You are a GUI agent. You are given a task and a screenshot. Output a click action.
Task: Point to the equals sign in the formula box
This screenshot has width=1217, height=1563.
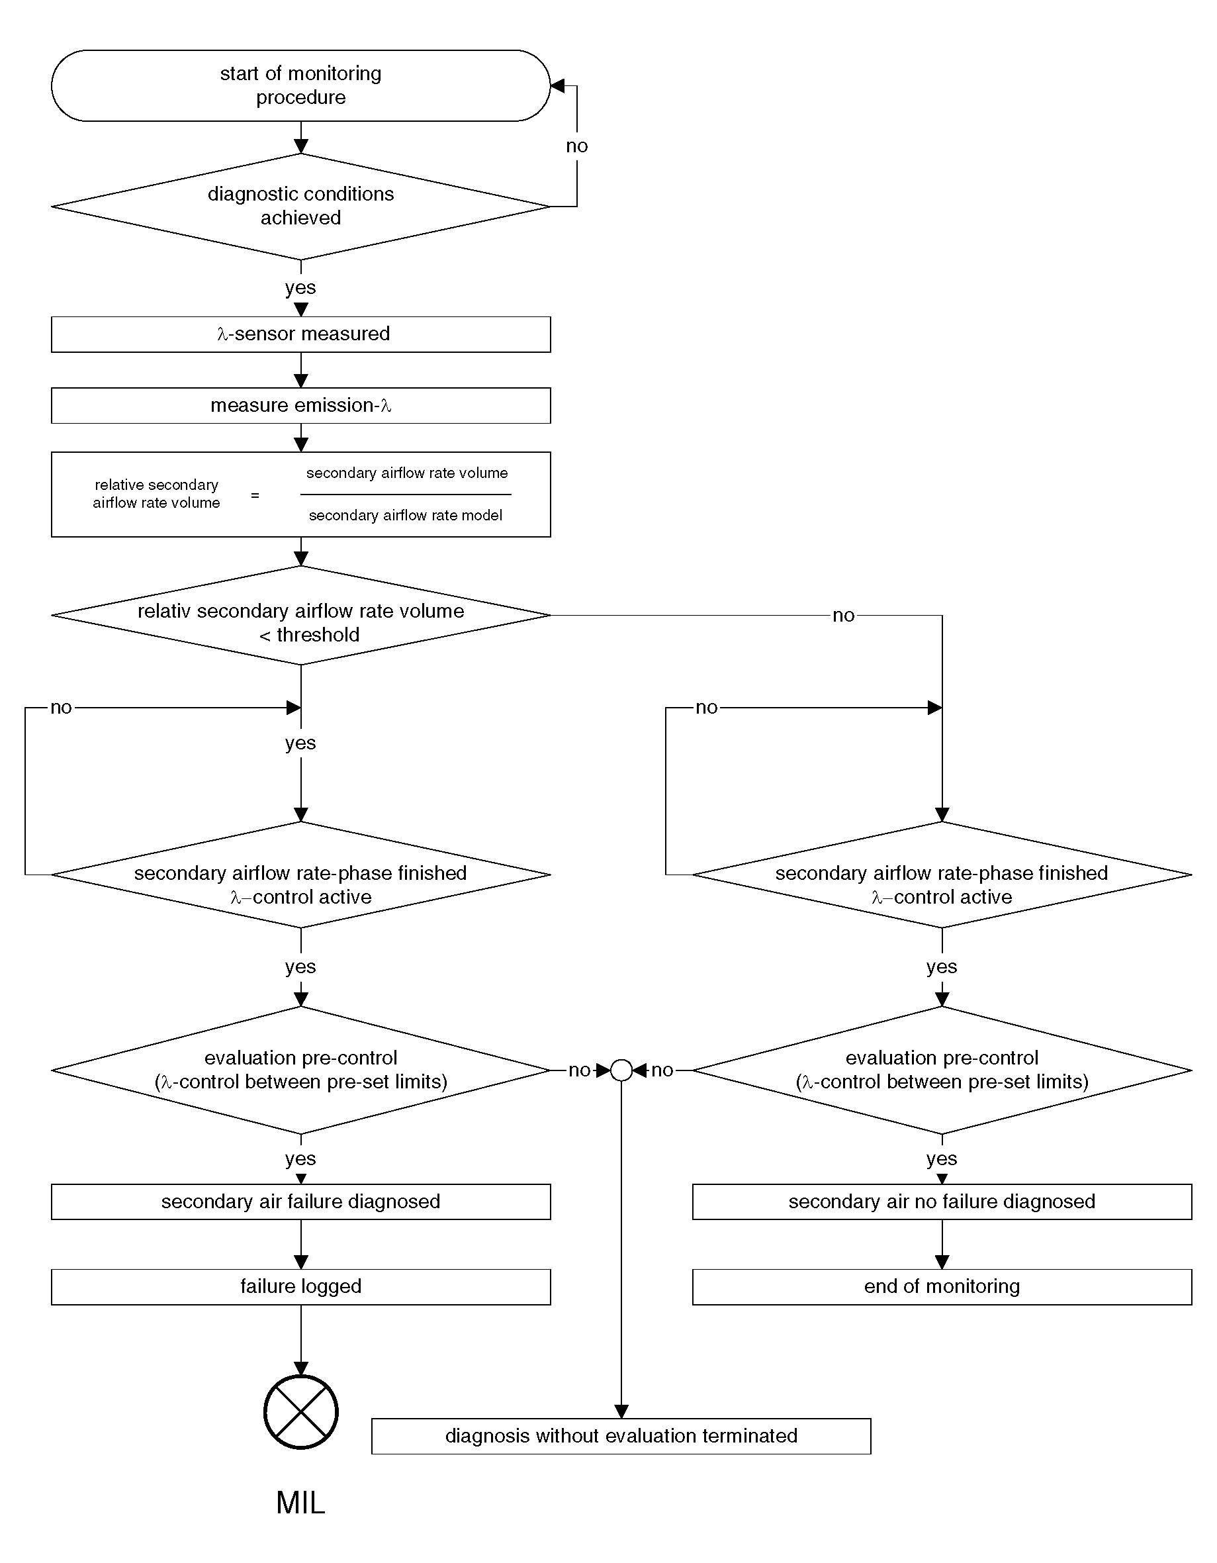click(x=255, y=495)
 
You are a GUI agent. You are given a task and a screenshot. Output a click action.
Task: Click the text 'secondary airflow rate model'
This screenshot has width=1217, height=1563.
click(x=406, y=515)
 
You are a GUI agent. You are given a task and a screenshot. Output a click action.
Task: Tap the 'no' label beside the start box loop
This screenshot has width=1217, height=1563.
click(x=576, y=146)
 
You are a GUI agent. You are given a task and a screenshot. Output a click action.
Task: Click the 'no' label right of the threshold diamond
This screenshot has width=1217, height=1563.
click(x=844, y=616)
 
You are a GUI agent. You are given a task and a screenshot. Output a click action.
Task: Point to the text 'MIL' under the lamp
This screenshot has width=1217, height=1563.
click(x=300, y=1503)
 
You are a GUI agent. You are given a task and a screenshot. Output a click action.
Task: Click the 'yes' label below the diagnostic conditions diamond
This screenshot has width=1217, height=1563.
click(x=300, y=288)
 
